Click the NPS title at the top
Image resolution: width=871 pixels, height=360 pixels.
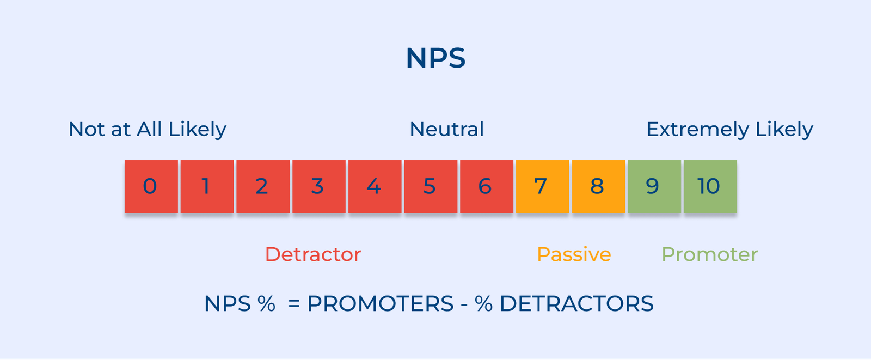[436, 58]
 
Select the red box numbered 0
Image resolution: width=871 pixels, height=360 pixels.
[151, 186]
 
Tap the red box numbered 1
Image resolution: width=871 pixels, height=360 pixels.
[207, 186]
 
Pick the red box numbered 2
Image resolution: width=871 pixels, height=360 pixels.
[263, 186]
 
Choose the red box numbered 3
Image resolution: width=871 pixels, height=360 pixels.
[318, 186]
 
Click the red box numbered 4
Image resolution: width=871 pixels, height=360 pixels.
[375, 186]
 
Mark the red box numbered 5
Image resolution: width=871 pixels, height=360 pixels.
[431, 186]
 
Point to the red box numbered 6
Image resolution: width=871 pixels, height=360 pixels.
[486, 186]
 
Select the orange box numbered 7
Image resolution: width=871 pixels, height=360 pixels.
[542, 186]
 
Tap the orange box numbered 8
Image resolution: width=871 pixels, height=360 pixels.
[598, 186]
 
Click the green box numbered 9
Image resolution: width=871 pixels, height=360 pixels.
[654, 186]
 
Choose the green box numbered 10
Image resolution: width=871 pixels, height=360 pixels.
[710, 186]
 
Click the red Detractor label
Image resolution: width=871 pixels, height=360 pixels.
[313, 254]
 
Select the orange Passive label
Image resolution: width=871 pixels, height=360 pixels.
[574, 254]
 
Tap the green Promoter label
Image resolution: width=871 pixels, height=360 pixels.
[709, 254]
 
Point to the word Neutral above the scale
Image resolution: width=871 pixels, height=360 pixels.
[446, 130]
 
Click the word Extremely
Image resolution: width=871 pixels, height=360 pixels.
[697, 130]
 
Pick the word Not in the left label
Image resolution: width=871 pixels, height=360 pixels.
[87, 130]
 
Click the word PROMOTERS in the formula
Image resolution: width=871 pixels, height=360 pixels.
[380, 304]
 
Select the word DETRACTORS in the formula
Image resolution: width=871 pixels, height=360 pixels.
[576, 304]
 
